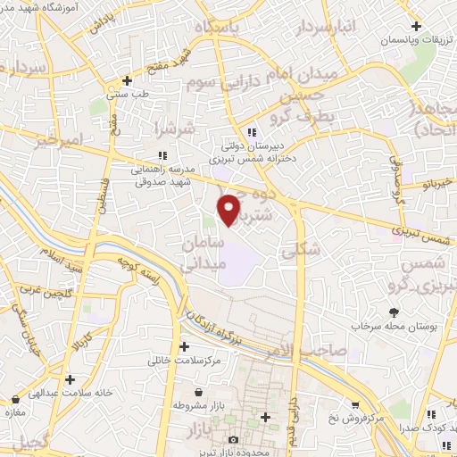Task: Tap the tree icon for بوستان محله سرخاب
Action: [395, 312]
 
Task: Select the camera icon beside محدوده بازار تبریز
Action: [235, 439]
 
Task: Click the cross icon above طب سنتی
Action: [129, 80]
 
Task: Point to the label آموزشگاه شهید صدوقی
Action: [54, 5]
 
